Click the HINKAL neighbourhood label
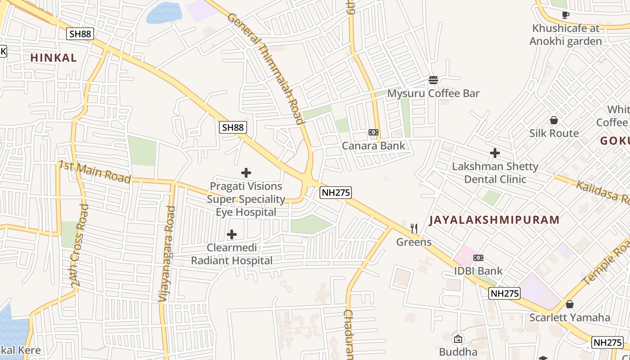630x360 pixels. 54,58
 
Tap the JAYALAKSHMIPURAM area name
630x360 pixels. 494,220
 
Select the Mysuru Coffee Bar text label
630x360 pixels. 433,94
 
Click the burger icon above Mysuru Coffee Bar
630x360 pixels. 433,80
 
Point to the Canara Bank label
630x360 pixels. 373,146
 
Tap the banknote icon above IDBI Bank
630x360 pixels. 478,258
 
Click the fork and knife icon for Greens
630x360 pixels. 414,229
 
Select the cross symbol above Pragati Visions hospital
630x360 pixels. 246,173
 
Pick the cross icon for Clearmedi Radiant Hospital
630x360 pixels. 232,234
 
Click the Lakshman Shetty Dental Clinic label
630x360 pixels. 495,173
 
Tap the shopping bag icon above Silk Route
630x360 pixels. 554,120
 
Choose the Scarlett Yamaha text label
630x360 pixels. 570,317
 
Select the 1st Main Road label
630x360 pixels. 94,172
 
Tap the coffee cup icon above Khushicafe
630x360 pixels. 566,15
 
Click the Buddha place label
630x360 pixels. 458,351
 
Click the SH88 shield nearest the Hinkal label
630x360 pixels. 80,34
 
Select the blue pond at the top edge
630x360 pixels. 164,12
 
